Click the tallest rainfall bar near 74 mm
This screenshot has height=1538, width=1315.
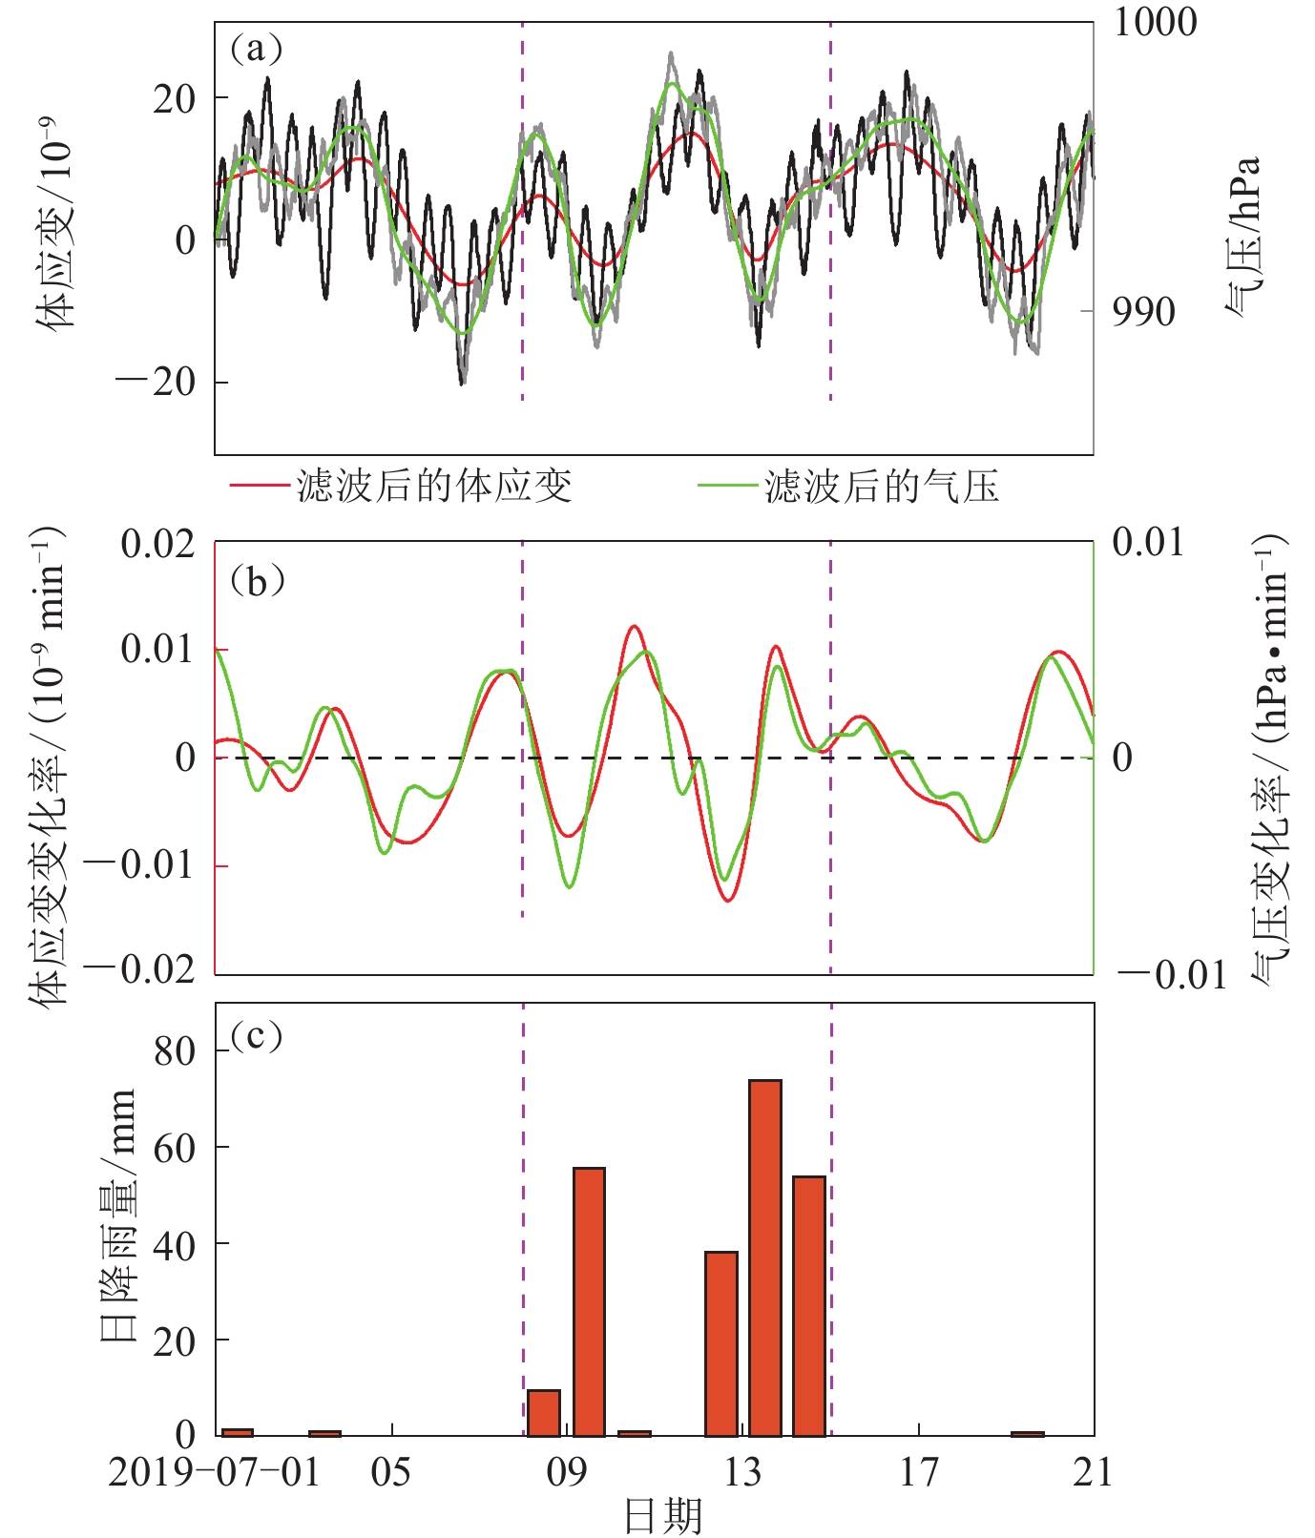tap(765, 1257)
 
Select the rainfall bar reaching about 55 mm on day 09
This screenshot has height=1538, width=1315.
tap(589, 1301)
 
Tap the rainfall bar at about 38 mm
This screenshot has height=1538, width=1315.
tap(721, 1343)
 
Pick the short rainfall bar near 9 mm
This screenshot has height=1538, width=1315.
tap(544, 1413)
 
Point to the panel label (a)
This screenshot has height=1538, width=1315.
tap(257, 48)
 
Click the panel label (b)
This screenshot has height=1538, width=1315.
tap(257, 580)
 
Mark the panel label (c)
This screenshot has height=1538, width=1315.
tap(257, 1035)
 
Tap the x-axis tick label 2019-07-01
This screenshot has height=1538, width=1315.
tap(214, 1472)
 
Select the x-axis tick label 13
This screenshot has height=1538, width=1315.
tap(742, 1472)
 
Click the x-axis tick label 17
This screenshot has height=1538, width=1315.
tap(919, 1472)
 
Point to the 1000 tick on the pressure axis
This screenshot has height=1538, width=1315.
tap(1156, 23)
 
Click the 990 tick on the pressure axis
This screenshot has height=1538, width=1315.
tap(1143, 312)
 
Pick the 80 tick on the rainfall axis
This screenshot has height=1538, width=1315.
tap(175, 1050)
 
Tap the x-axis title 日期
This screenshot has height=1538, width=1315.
tap(663, 1515)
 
